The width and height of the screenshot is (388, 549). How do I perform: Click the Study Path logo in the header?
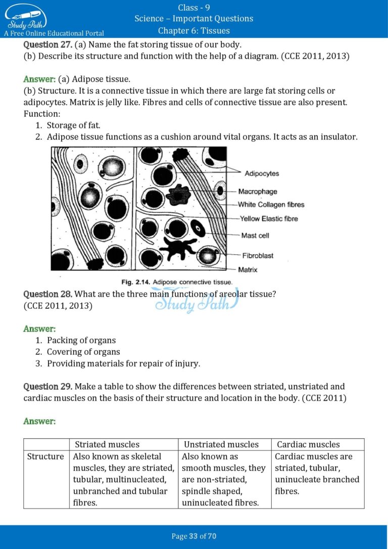click(25, 18)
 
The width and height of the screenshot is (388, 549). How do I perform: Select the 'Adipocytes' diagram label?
click(261, 173)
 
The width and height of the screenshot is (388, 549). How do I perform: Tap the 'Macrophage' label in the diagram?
click(258, 192)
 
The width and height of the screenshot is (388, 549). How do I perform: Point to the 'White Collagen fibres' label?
click(271, 205)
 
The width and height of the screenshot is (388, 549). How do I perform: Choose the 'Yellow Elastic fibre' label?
click(269, 219)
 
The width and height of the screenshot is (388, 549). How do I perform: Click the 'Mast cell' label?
click(255, 236)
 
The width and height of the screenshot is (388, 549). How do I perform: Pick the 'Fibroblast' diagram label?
click(258, 256)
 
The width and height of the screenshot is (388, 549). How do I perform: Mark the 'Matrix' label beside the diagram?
click(248, 270)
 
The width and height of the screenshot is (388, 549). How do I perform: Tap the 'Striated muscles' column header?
click(107, 444)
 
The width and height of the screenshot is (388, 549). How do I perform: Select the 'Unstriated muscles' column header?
click(221, 444)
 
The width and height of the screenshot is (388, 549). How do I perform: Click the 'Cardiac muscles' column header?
click(308, 444)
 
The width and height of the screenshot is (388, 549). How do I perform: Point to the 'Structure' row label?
click(45, 456)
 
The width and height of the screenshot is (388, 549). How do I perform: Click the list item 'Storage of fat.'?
click(73, 125)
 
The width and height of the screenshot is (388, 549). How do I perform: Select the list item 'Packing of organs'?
click(81, 340)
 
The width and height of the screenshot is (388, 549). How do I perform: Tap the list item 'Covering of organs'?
click(83, 352)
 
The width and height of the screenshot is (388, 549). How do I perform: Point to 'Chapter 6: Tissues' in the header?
click(194, 30)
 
